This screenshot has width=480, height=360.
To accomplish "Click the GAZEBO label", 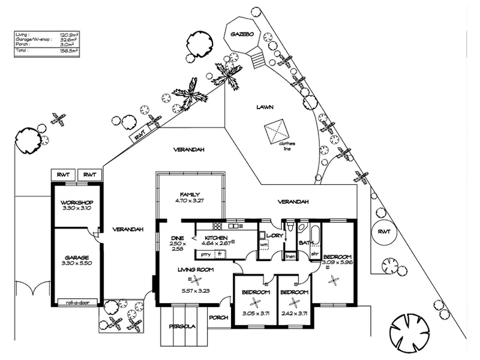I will [242, 35].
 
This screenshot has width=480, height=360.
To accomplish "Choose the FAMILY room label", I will [190, 194].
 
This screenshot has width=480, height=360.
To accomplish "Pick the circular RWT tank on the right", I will [382, 233].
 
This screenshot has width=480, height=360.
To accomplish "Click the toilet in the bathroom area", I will [290, 229].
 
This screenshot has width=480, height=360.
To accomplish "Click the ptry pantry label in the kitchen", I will [205, 254].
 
